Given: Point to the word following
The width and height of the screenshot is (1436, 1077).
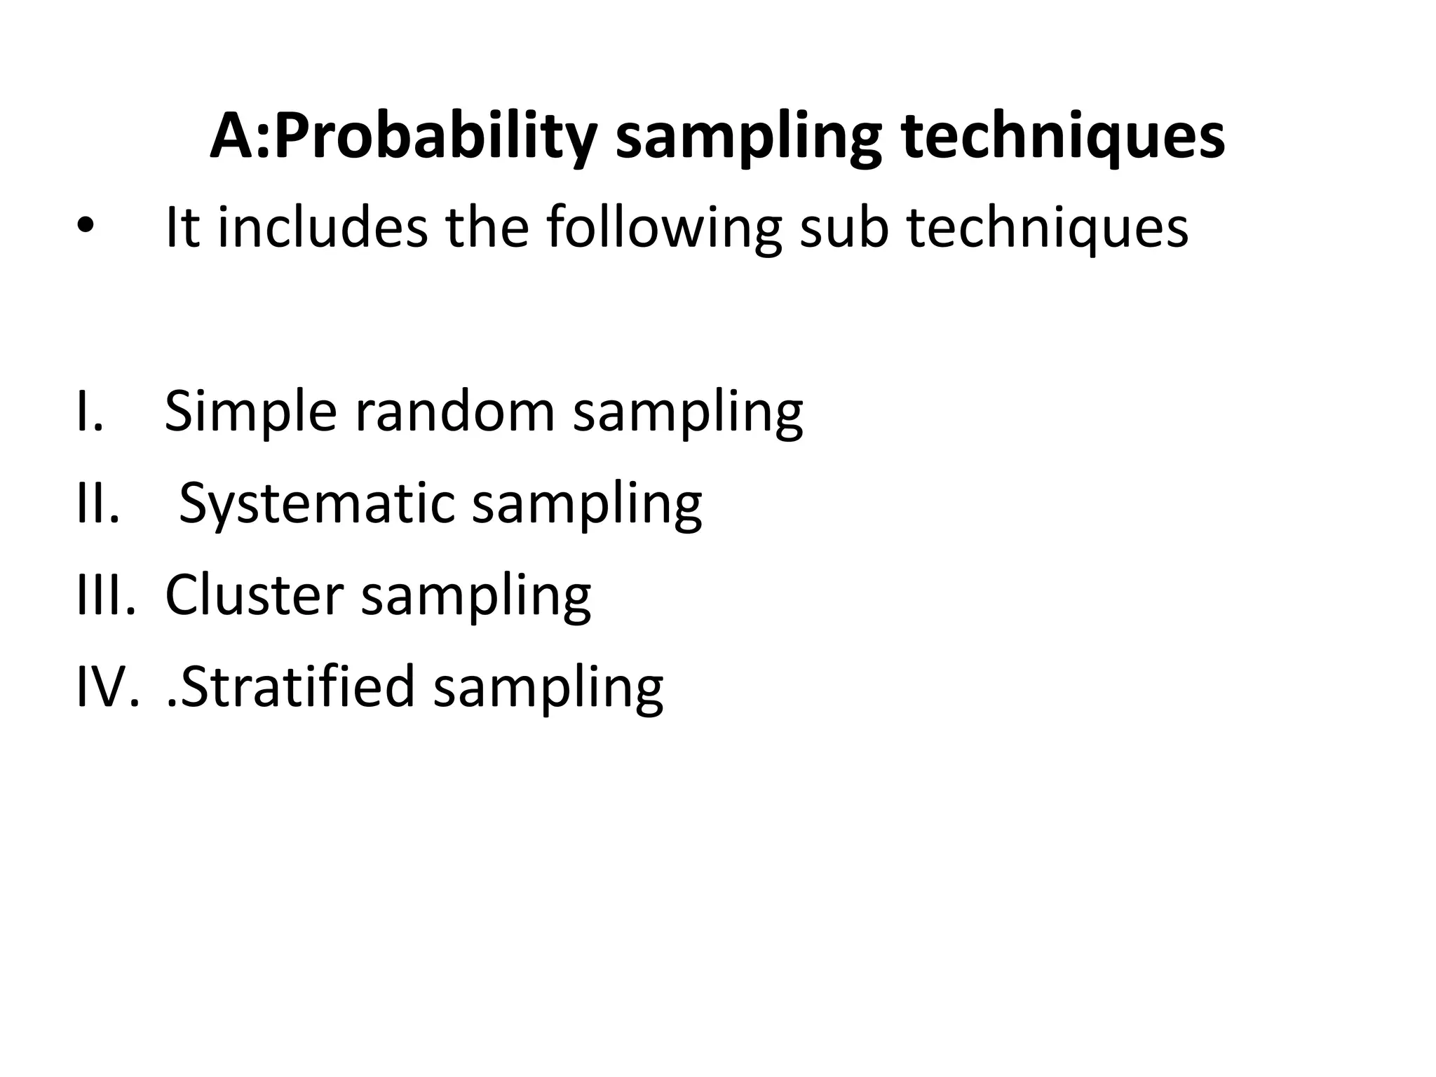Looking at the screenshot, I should [663, 229].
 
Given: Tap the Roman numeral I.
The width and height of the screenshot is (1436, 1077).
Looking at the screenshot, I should [88, 411].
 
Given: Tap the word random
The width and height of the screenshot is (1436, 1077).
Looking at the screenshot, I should [455, 411].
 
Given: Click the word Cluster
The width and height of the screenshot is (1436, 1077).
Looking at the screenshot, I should [254, 595].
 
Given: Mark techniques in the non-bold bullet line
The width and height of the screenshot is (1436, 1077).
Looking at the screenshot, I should [1048, 229].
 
